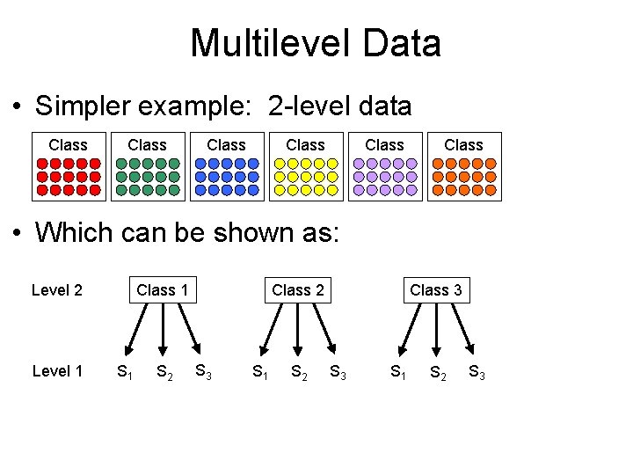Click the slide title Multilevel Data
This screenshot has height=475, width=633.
[x=316, y=42]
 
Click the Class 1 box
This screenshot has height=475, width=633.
[x=163, y=289]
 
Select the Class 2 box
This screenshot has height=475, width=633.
[x=298, y=289]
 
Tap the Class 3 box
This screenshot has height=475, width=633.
[x=436, y=289]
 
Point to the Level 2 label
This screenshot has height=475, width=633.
[x=57, y=289]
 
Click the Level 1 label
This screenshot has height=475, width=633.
[x=57, y=370]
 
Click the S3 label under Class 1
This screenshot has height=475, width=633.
[x=201, y=371]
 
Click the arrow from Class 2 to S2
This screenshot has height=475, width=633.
[x=299, y=329]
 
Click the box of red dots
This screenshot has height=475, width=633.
[x=69, y=177]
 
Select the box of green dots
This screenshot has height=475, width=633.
[x=148, y=177]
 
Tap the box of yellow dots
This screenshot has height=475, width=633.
[x=306, y=177]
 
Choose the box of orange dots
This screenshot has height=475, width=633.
[x=464, y=177]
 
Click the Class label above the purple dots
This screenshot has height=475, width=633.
[x=385, y=144]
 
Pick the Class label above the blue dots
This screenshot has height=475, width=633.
[x=227, y=144]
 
